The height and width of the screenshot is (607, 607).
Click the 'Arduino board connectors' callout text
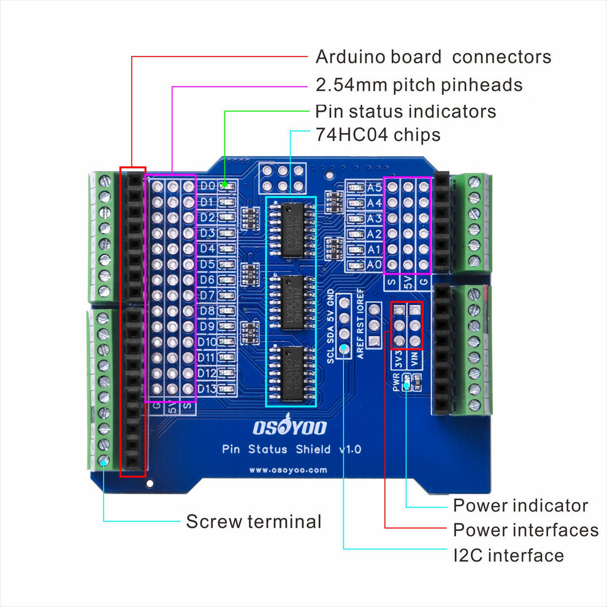click(433, 57)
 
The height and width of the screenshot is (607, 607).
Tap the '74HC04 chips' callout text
click(377, 134)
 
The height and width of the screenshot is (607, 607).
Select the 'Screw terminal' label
click(253, 522)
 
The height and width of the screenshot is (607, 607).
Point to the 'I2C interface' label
click(508, 555)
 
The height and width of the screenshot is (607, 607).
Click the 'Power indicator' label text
click(520, 506)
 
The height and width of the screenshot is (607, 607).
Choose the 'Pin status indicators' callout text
click(405, 112)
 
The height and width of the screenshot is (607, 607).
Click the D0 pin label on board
click(207, 186)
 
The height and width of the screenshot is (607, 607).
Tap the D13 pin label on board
click(207, 389)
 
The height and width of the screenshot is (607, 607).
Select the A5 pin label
click(374, 188)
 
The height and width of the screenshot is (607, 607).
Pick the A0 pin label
click(374, 265)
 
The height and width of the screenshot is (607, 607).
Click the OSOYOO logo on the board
click(290, 427)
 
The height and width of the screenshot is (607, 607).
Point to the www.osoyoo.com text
click(288, 471)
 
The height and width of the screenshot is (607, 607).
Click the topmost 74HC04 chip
click(290, 228)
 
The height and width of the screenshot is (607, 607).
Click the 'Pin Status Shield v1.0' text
click(291, 449)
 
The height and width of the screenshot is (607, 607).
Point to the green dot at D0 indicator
click(226, 184)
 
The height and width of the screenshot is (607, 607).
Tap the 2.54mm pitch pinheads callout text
click(419, 85)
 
